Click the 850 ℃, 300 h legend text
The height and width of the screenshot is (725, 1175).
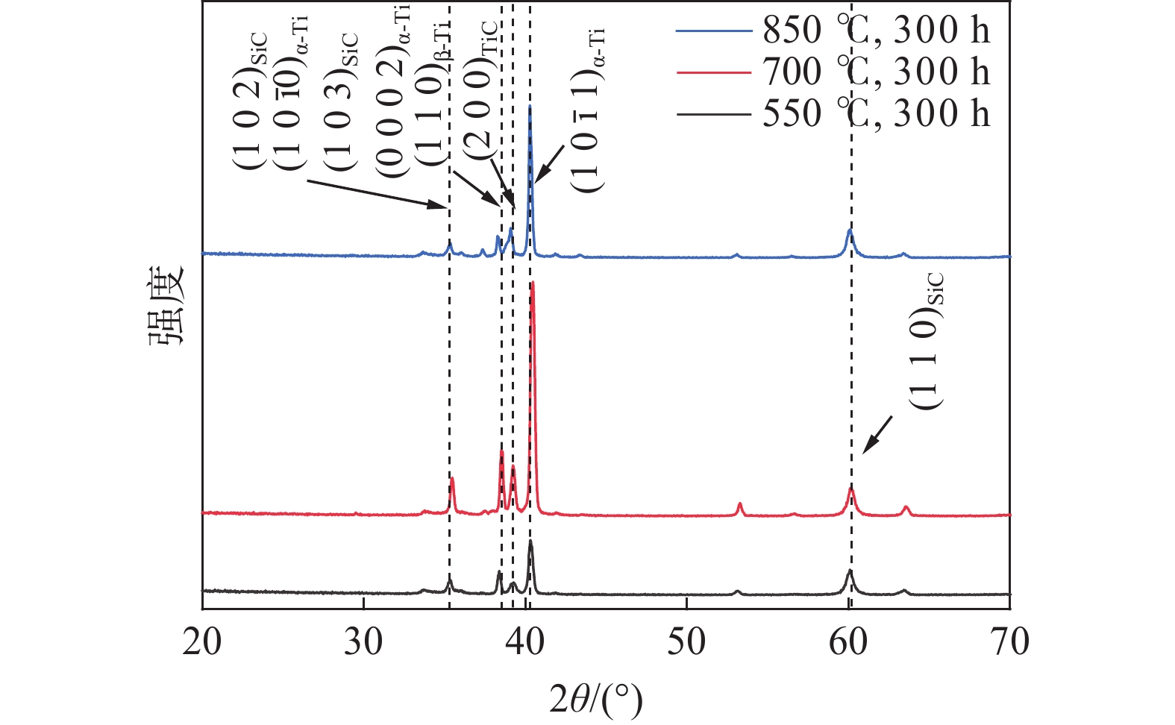tap(876, 31)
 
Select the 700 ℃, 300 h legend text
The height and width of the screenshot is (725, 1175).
tap(876, 72)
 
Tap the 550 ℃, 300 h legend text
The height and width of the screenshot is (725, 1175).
tap(876, 114)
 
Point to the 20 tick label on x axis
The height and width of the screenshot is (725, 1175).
tap(202, 641)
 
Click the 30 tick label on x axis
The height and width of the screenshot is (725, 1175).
tap(364, 641)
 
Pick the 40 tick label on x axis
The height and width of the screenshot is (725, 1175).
tap(525, 641)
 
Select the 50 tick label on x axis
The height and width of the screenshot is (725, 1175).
tap(686, 641)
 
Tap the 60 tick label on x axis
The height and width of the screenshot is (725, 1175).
tap(848, 641)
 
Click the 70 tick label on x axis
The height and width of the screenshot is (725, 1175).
tap(1009, 641)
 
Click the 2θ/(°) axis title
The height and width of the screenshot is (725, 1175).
tap(595, 699)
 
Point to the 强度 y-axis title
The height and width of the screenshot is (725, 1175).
tap(165, 306)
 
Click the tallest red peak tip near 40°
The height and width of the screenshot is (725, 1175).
tap(533, 283)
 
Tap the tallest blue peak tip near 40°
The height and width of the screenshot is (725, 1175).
tap(530, 106)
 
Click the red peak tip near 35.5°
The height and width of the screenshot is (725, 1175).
tap(452, 478)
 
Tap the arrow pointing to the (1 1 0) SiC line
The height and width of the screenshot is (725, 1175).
tap(877, 435)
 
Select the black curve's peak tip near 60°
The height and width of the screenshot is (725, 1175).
tap(849, 571)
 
